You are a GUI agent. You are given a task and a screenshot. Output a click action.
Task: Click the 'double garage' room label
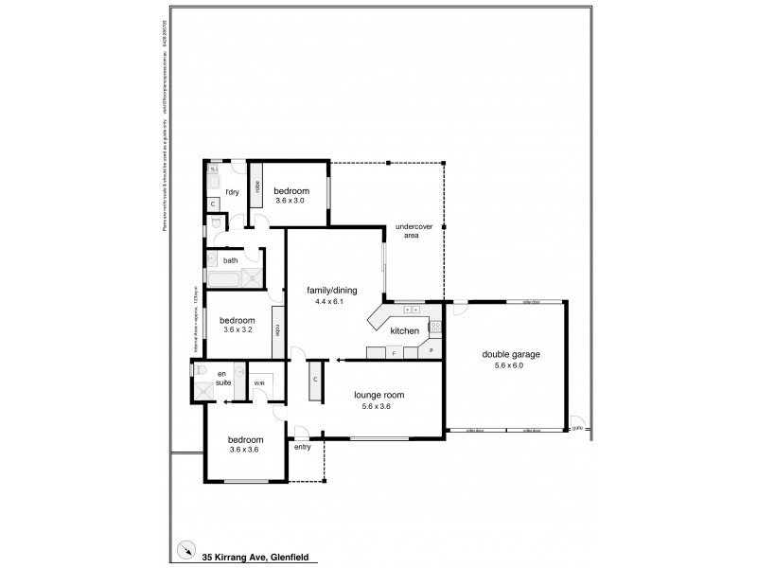(511, 354)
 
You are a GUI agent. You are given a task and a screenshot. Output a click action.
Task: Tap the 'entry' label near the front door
(303, 447)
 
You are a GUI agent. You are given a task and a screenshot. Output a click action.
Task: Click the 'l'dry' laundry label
(232, 192)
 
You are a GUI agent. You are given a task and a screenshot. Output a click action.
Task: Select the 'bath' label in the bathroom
(231, 259)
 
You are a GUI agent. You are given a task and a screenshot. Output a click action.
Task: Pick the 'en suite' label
(223, 378)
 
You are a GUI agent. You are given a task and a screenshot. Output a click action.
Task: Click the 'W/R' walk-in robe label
(259, 382)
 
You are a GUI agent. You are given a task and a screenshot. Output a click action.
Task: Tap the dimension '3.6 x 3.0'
(291, 201)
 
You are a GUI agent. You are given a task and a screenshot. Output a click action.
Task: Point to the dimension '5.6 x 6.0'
(511, 364)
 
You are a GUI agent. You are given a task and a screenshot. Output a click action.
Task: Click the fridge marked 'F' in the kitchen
(394, 352)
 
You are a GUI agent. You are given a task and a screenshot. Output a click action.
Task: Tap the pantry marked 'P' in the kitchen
(431, 351)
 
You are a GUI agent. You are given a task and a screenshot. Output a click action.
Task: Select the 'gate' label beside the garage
(577, 427)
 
